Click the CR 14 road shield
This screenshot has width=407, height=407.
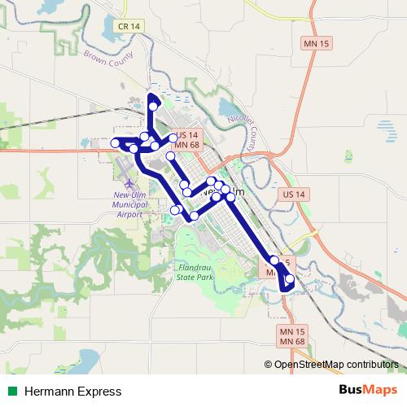click(x=129, y=26)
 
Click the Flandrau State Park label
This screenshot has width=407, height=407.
click(x=193, y=272)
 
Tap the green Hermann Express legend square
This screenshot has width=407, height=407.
click(x=11, y=392)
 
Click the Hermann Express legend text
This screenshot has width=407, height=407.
click(x=72, y=392)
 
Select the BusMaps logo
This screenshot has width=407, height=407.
click(x=368, y=391)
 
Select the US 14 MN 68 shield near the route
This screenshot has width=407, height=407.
click(x=187, y=139)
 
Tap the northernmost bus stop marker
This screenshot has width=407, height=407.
click(x=152, y=106)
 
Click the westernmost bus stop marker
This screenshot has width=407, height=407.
click(x=116, y=143)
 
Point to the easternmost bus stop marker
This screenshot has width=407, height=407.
click(x=290, y=279)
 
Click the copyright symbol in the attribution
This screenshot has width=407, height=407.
click(x=269, y=365)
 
